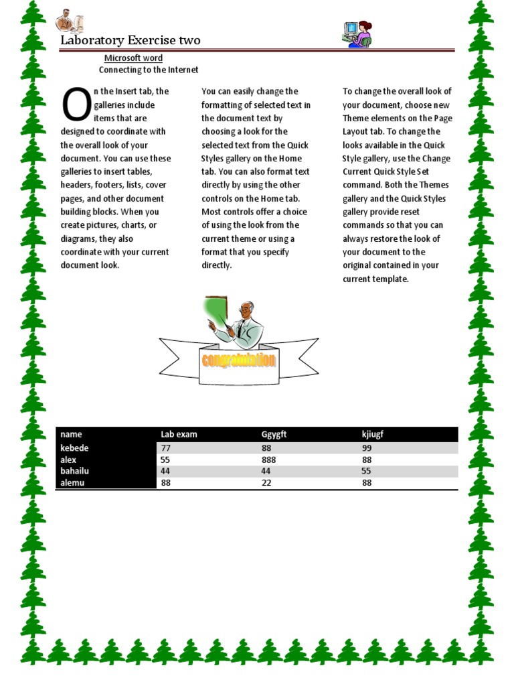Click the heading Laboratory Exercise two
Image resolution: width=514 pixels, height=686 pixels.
pyautogui.click(x=131, y=40)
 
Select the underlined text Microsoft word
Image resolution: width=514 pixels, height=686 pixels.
pyautogui.click(x=133, y=58)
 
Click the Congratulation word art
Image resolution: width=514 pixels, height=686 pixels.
pyautogui.click(x=239, y=360)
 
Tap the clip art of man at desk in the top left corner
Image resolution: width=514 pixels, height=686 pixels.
pyautogui.click(x=69, y=21)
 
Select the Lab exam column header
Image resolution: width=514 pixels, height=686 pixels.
pyautogui.click(x=179, y=434)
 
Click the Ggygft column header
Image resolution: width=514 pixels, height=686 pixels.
pyautogui.click(x=274, y=434)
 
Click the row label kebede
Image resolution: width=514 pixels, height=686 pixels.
pyautogui.click(x=74, y=448)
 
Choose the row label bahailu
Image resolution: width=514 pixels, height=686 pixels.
pyautogui.click(x=74, y=471)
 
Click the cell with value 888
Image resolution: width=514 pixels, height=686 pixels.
pyautogui.click(x=268, y=460)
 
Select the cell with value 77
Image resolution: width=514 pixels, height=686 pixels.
pyautogui.click(x=167, y=448)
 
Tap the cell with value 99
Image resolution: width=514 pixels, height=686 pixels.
pyautogui.click(x=367, y=448)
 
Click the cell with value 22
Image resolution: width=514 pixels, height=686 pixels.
pyautogui.click(x=266, y=482)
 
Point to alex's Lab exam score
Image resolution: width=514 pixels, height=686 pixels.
pyautogui.click(x=167, y=460)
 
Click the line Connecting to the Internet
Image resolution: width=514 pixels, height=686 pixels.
pyautogui.click(x=149, y=70)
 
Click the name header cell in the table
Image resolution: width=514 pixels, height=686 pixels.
pyautogui.click(x=71, y=434)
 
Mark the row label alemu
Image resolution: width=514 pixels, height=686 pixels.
pyautogui.click(x=72, y=482)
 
